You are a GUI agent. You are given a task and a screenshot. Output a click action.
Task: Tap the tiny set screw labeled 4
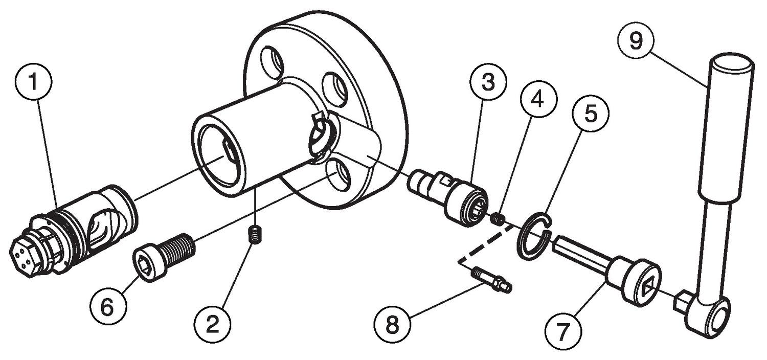[499, 219]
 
